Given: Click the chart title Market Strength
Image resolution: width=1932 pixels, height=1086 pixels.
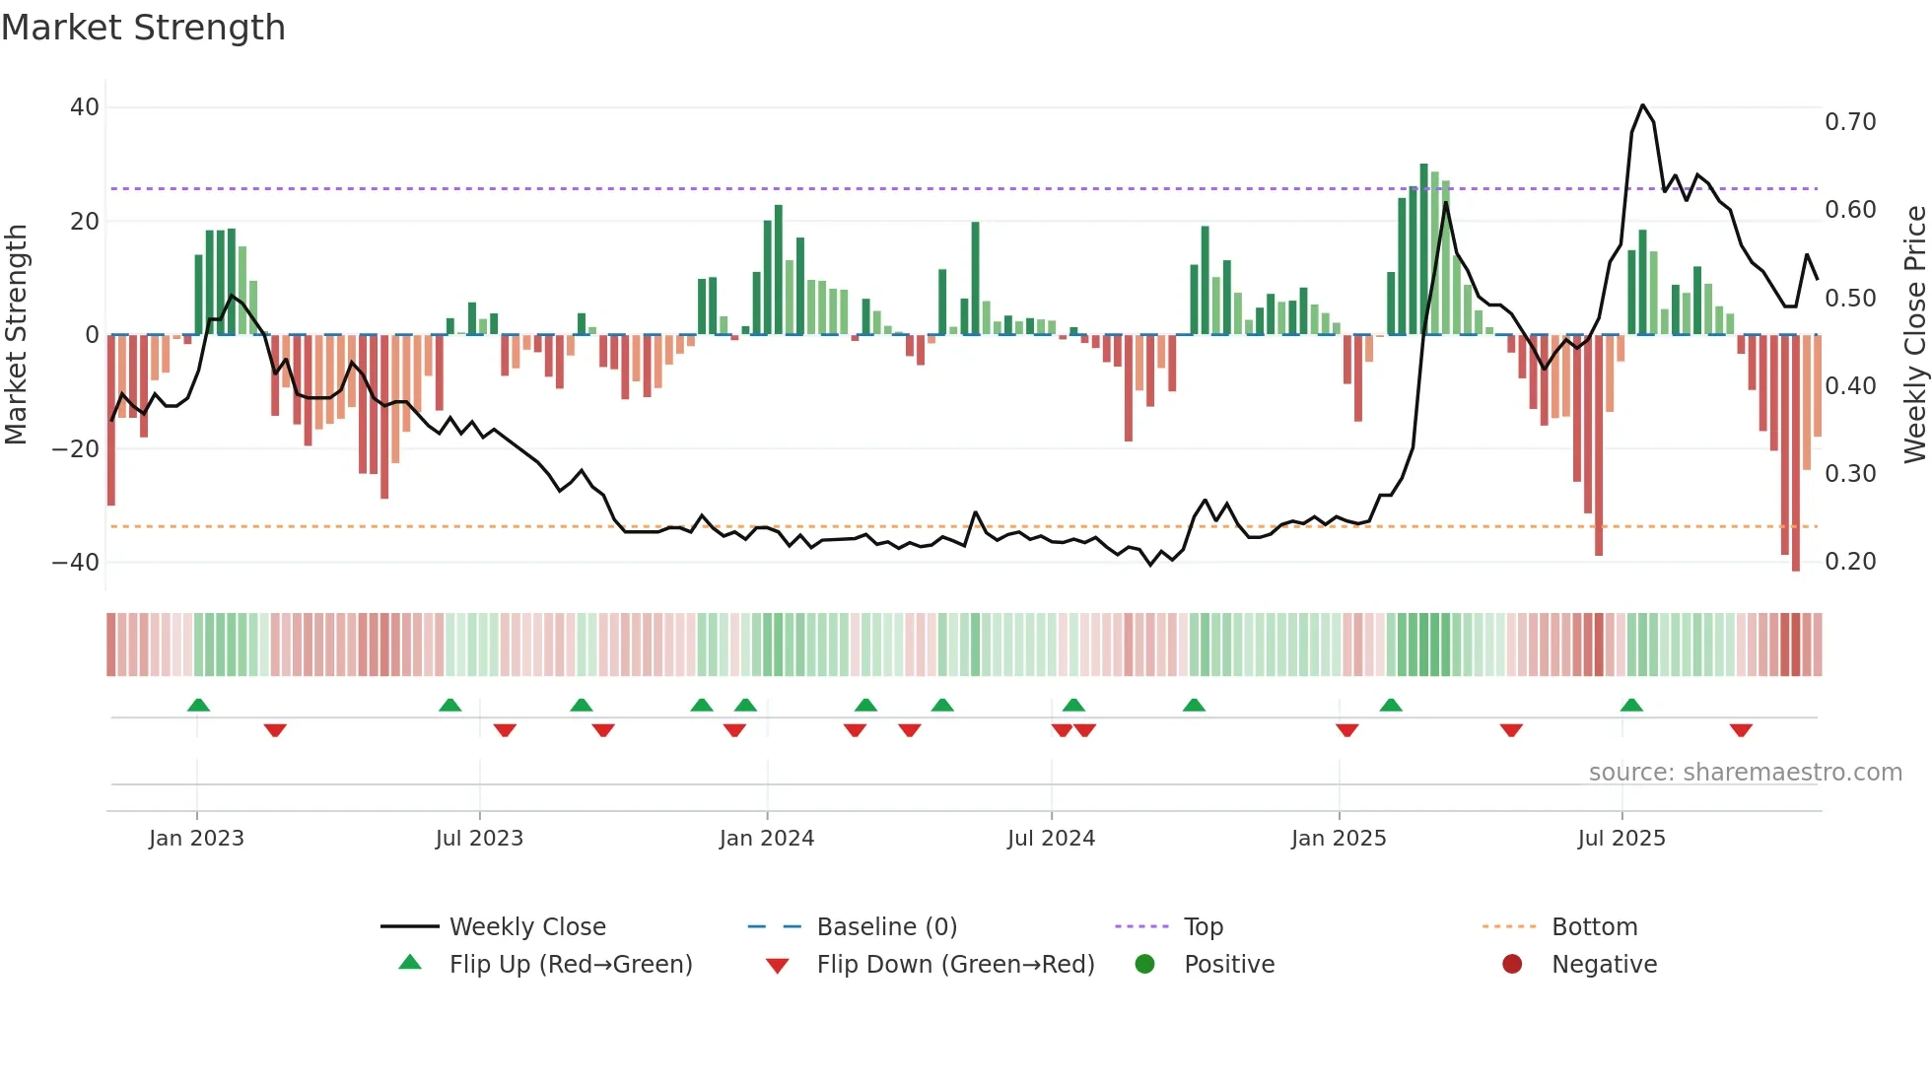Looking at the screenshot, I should (143, 28).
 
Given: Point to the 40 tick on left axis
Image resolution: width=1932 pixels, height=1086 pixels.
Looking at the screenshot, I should (85, 106).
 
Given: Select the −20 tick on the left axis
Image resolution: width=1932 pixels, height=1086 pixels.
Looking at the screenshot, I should (76, 448).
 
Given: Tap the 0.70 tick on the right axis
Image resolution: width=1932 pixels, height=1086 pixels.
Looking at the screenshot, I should (1850, 122).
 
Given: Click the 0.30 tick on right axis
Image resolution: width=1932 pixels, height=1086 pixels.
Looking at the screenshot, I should (1850, 474).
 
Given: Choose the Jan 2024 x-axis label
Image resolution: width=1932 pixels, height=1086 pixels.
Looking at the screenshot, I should (767, 839).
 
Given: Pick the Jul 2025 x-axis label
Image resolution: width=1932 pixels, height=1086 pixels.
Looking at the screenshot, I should (1621, 839).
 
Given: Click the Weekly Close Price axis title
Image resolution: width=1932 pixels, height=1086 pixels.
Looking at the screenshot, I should (1914, 335).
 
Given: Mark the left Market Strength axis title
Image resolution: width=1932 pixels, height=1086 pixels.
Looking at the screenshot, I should (17, 335).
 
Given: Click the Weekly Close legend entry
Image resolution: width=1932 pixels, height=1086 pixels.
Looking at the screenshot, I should (526, 927).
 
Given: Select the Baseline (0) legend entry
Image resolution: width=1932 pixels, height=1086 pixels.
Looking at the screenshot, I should (886, 927).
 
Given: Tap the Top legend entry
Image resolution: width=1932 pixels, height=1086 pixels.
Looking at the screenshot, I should (1203, 927).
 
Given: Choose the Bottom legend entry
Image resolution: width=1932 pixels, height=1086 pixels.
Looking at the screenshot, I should (1594, 927).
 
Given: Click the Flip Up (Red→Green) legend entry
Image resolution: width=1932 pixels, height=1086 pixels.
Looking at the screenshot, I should (570, 965).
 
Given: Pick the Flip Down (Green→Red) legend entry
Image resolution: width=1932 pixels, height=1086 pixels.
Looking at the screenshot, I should (954, 965).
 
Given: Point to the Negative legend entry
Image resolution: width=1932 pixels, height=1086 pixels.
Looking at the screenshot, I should (1604, 965).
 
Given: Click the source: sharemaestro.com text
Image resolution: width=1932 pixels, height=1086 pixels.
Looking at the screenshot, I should (1745, 773).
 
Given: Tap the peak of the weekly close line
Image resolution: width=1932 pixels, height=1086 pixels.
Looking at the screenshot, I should (1642, 105).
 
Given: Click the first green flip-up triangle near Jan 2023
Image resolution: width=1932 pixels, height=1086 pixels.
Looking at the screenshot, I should (198, 705).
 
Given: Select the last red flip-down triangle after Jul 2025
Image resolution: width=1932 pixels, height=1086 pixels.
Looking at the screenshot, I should (1741, 730).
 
